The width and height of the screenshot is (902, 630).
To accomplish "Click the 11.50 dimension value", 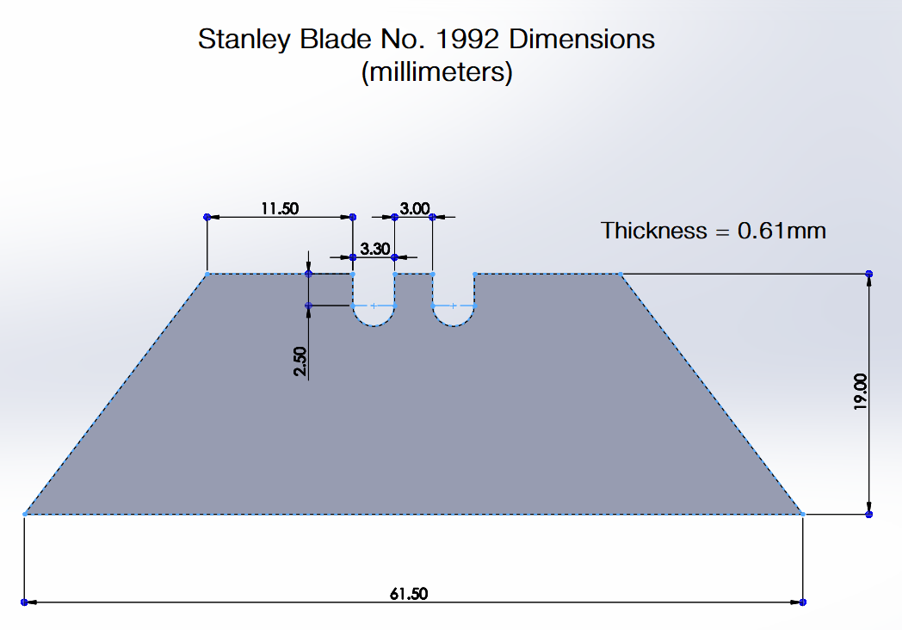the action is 280,208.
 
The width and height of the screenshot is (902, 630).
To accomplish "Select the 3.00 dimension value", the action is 415,208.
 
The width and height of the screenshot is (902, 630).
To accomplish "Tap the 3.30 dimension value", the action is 375,249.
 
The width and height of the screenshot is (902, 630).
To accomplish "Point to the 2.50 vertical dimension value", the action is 300,361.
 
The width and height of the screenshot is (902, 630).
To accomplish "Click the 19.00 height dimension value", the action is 860,392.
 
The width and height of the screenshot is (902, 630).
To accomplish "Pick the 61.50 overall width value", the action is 409,594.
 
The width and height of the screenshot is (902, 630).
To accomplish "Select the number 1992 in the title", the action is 467,39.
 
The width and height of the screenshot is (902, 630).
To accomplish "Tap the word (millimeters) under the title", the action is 436,72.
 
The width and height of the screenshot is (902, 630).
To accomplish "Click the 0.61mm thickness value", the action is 782,231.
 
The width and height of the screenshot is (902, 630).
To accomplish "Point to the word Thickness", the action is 654,231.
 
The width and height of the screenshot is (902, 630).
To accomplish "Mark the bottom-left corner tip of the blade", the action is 24,514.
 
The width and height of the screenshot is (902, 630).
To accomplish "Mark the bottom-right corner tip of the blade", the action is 802,514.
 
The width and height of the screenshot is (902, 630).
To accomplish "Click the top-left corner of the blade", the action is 207,274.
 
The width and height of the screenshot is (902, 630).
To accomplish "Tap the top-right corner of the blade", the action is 621,274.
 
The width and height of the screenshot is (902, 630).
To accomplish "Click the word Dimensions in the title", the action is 582,39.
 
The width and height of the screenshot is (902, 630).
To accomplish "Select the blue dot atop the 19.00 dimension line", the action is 869,274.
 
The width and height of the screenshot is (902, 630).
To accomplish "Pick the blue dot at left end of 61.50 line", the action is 24,602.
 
